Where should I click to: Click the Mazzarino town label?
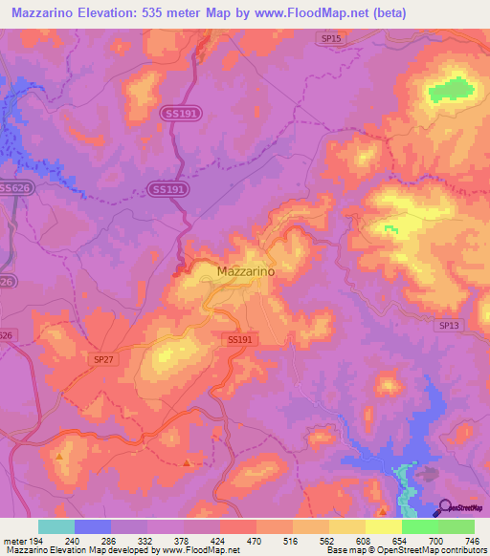(x=247, y=271)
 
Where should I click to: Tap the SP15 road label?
(x=329, y=37)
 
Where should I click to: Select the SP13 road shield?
(x=449, y=326)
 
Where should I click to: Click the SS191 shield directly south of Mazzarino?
(x=240, y=339)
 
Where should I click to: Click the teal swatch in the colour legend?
(x=56, y=526)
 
